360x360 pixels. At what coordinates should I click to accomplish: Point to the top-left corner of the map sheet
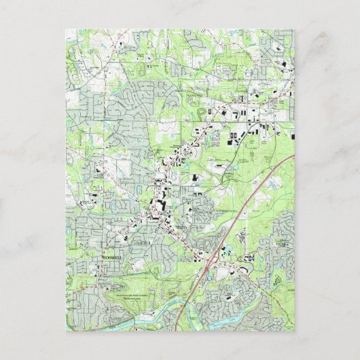click(67, 30)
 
